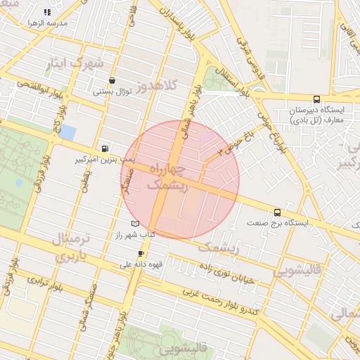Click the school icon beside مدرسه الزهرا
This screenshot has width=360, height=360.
point(47,12)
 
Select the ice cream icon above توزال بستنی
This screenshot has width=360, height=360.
point(112,81)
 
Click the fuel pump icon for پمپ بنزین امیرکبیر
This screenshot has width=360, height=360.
point(105,148)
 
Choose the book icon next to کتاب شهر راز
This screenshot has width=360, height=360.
point(135,224)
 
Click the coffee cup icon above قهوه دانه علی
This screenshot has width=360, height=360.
point(141,253)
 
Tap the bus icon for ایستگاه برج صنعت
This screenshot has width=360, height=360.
point(277,212)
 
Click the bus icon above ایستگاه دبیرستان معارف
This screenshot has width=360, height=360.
point(316,99)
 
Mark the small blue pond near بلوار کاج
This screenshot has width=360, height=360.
point(67,131)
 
